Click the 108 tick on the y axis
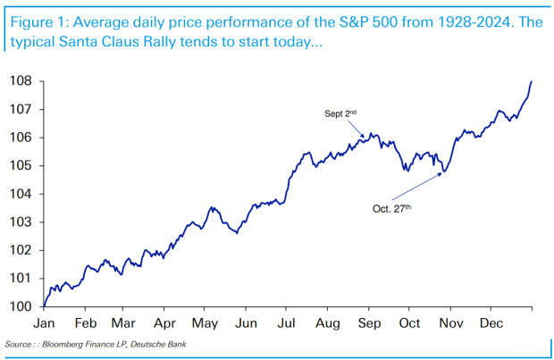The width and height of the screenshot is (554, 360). click(21, 81)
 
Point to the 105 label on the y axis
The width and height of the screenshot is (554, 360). click(21, 165)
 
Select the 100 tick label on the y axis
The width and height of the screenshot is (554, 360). click(21, 306)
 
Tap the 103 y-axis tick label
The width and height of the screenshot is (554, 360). click(21, 222)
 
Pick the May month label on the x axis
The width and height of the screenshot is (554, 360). click(206, 323)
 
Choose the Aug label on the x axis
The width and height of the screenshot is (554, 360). click(329, 323)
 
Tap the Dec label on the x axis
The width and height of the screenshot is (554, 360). click(491, 323)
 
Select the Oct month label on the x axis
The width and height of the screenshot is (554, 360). click(410, 323)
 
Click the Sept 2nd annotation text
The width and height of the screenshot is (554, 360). click(340, 113)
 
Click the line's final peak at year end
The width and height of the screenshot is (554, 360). click(532, 81)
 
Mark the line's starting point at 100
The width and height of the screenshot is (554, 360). click(44, 306)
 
